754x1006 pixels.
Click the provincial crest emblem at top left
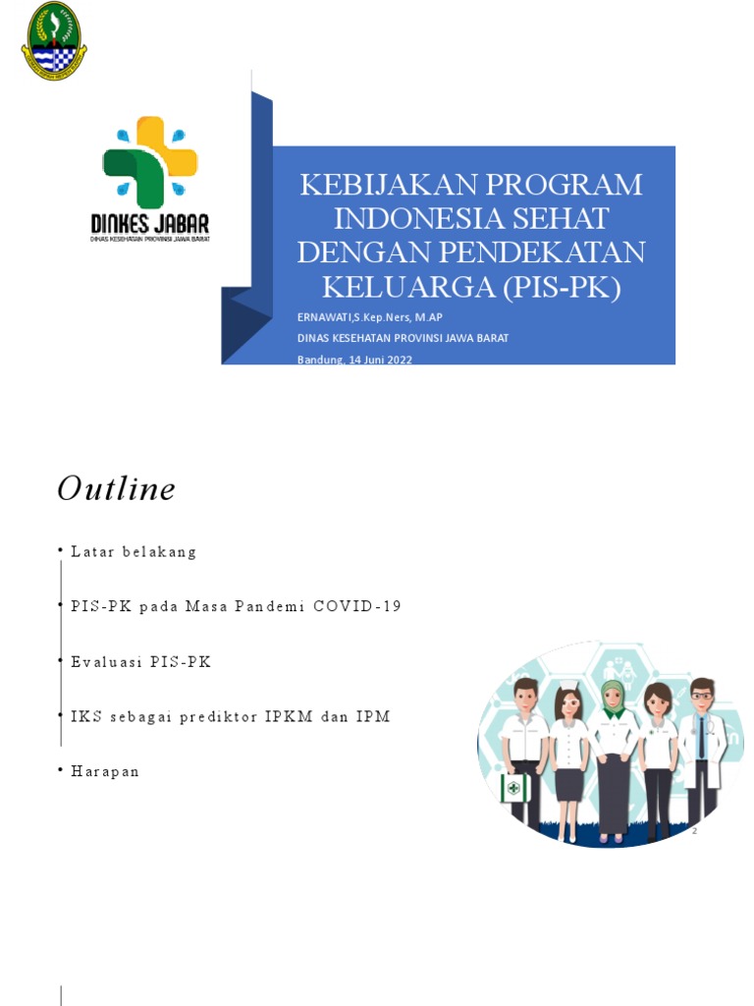click(54, 41)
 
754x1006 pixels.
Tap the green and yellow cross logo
click(150, 162)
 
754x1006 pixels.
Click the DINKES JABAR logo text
click(150, 222)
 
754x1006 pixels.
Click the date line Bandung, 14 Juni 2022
click(354, 360)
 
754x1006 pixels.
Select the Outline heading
click(116, 488)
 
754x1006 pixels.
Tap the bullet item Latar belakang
click(134, 552)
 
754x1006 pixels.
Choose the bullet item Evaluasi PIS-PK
click(140, 662)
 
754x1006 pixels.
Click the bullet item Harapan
click(105, 772)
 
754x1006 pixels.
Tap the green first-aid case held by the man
click(512, 788)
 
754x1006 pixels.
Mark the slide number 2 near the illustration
click(694, 832)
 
